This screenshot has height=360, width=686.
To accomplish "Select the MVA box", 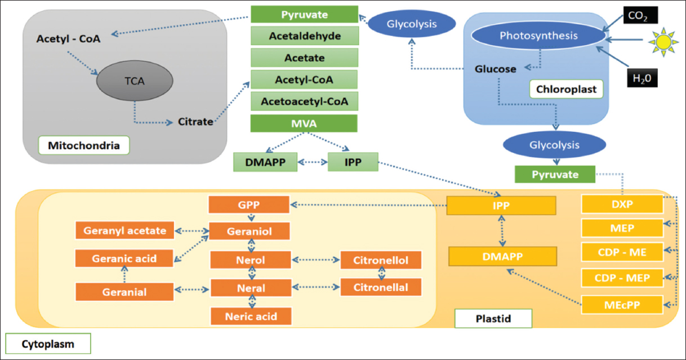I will click(x=304, y=123).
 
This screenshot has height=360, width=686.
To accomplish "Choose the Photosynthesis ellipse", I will click(x=539, y=35).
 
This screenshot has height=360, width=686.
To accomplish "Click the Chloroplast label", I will click(x=565, y=88).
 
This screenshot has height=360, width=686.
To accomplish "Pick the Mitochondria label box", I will click(x=83, y=145).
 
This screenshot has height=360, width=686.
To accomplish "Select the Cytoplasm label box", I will click(x=47, y=343).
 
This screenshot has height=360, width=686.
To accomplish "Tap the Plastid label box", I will click(x=492, y=319).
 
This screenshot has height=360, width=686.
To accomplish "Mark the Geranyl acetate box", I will click(x=124, y=230).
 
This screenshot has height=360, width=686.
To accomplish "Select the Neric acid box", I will click(x=251, y=315).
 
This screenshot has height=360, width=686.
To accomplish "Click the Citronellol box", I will click(x=381, y=260).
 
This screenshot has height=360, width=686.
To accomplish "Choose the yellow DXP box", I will click(x=622, y=204).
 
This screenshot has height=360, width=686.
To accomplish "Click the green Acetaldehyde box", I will click(x=304, y=36).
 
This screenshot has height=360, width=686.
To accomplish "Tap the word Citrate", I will click(x=195, y=121).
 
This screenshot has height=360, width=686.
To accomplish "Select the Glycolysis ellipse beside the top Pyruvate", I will click(x=413, y=24).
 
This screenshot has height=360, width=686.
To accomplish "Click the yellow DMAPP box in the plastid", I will click(x=502, y=256).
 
